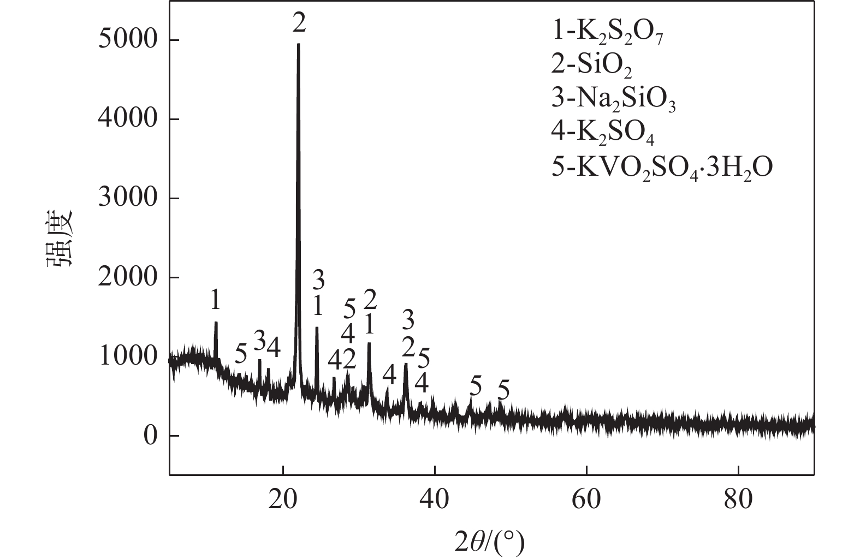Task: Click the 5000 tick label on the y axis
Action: (127, 40)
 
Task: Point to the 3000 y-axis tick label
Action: (127, 198)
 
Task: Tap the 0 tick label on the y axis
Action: (150, 436)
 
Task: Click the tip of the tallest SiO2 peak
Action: (298, 44)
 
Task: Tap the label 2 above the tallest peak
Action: (299, 23)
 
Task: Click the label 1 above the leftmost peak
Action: (216, 299)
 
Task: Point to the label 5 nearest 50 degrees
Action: (503, 391)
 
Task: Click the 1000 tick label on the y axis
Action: (127, 357)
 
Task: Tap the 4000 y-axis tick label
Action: (127, 119)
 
